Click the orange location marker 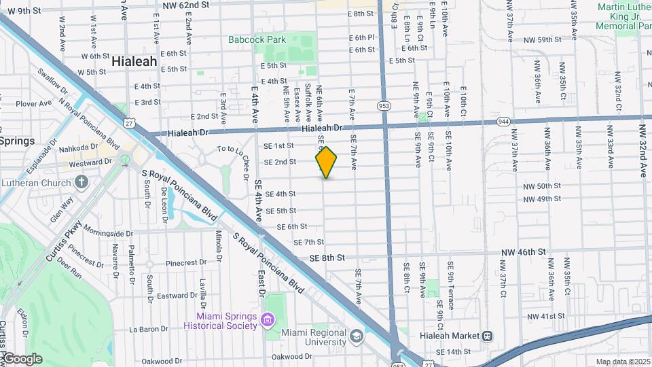[x=326, y=162]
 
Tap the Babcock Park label [x=257, y=40]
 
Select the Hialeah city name [x=134, y=61]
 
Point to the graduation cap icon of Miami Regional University [x=356, y=336]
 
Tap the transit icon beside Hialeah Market [x=487, y=336]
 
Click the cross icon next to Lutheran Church [x=81, y=182]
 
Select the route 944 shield [x=503, y=121]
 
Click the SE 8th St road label [x=327, y=258]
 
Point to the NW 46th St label [x=524, y=252]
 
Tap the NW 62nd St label [x=185, y=5]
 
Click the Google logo [x=22, y=359]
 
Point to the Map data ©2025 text [x=623, y=362]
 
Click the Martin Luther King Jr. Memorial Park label [x=623, y=16]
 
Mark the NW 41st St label [x=545, y=317]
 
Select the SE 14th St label [x=453, y=351]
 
